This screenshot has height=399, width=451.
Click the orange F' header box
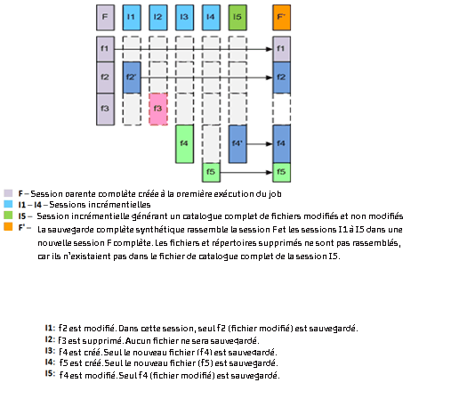click(282, 16)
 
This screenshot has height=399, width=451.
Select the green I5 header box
click(237, 16)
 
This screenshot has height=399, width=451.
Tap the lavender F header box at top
click(105, 16)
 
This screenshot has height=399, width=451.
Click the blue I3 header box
click(184, 16)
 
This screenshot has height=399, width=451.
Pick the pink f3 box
click(158, 109)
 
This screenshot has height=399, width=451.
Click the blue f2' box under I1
click(132, 77)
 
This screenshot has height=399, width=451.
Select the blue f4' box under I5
click(238, 142)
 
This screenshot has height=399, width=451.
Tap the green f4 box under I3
click(184, 142)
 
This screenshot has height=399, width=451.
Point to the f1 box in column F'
click(282, 48)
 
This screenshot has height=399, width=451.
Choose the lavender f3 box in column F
click(105, 109)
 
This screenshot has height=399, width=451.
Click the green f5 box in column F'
click(282, 171)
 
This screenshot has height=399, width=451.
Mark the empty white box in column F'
click(282, 109)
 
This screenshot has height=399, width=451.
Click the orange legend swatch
click(8, 227)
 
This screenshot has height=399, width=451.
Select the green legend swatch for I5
click(8, 216)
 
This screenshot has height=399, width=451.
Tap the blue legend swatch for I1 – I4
click(8, 204)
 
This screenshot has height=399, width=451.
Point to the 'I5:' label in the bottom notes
click(50, 374)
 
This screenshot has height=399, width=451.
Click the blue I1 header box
click(132, 16)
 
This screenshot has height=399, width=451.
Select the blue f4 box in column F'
click(282, 142)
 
